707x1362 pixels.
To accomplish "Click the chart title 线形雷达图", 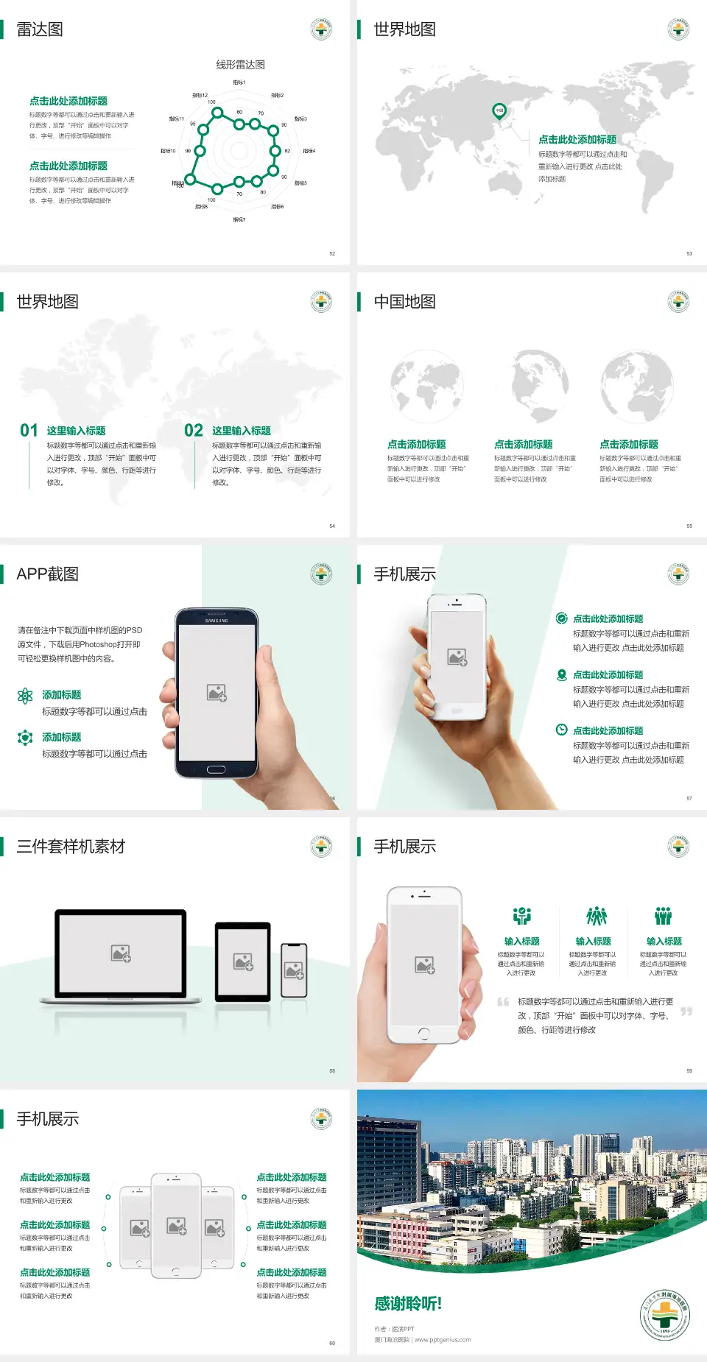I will (240, 65).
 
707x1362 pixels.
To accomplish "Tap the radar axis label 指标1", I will (239, 82).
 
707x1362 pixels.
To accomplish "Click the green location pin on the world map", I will (499, 111).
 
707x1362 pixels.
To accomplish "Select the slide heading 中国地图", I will (404, 302).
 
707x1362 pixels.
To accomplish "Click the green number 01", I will (29, 431).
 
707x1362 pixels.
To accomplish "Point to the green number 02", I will (194, 431).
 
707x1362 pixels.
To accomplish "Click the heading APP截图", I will (48, 574).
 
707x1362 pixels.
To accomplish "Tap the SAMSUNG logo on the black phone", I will (217, 621).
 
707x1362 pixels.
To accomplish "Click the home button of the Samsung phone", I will (216, 769).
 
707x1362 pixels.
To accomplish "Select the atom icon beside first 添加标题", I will (25, 696).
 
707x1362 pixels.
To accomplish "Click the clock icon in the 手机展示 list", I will (561, 730).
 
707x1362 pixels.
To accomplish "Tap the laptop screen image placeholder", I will (121, 953).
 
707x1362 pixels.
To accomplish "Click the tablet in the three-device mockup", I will (243, 961).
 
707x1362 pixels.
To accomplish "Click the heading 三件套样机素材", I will (71, 847).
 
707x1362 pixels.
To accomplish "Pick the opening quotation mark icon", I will (503, 1002).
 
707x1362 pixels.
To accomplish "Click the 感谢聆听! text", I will (408, 1304).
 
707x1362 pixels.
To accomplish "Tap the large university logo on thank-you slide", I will (665, 1316).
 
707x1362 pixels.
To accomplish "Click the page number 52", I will (332, 253).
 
